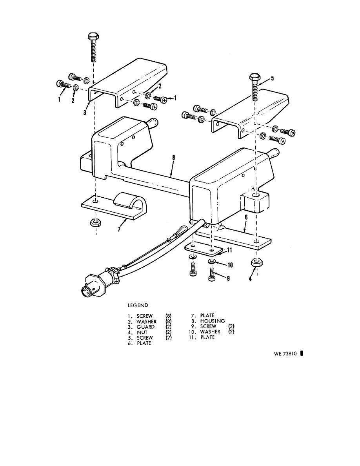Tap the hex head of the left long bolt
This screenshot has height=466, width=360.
point(93,37)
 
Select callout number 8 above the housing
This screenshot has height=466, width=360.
point(174,158)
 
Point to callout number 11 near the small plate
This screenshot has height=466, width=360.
point(229,250)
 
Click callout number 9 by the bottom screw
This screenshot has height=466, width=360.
point(228,278)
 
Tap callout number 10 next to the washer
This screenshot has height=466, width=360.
point(229,265)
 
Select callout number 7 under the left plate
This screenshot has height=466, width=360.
point(119,229)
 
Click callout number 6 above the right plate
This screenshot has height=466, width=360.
point(246,218)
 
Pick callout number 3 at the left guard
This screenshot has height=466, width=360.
point(85,113)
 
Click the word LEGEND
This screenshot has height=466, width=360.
point(138,305)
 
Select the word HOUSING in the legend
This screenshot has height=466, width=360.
point(213,321)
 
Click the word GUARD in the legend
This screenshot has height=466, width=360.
point(145,327)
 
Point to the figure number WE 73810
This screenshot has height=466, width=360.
point(285,354)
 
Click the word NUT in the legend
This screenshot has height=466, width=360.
point(142,332)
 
